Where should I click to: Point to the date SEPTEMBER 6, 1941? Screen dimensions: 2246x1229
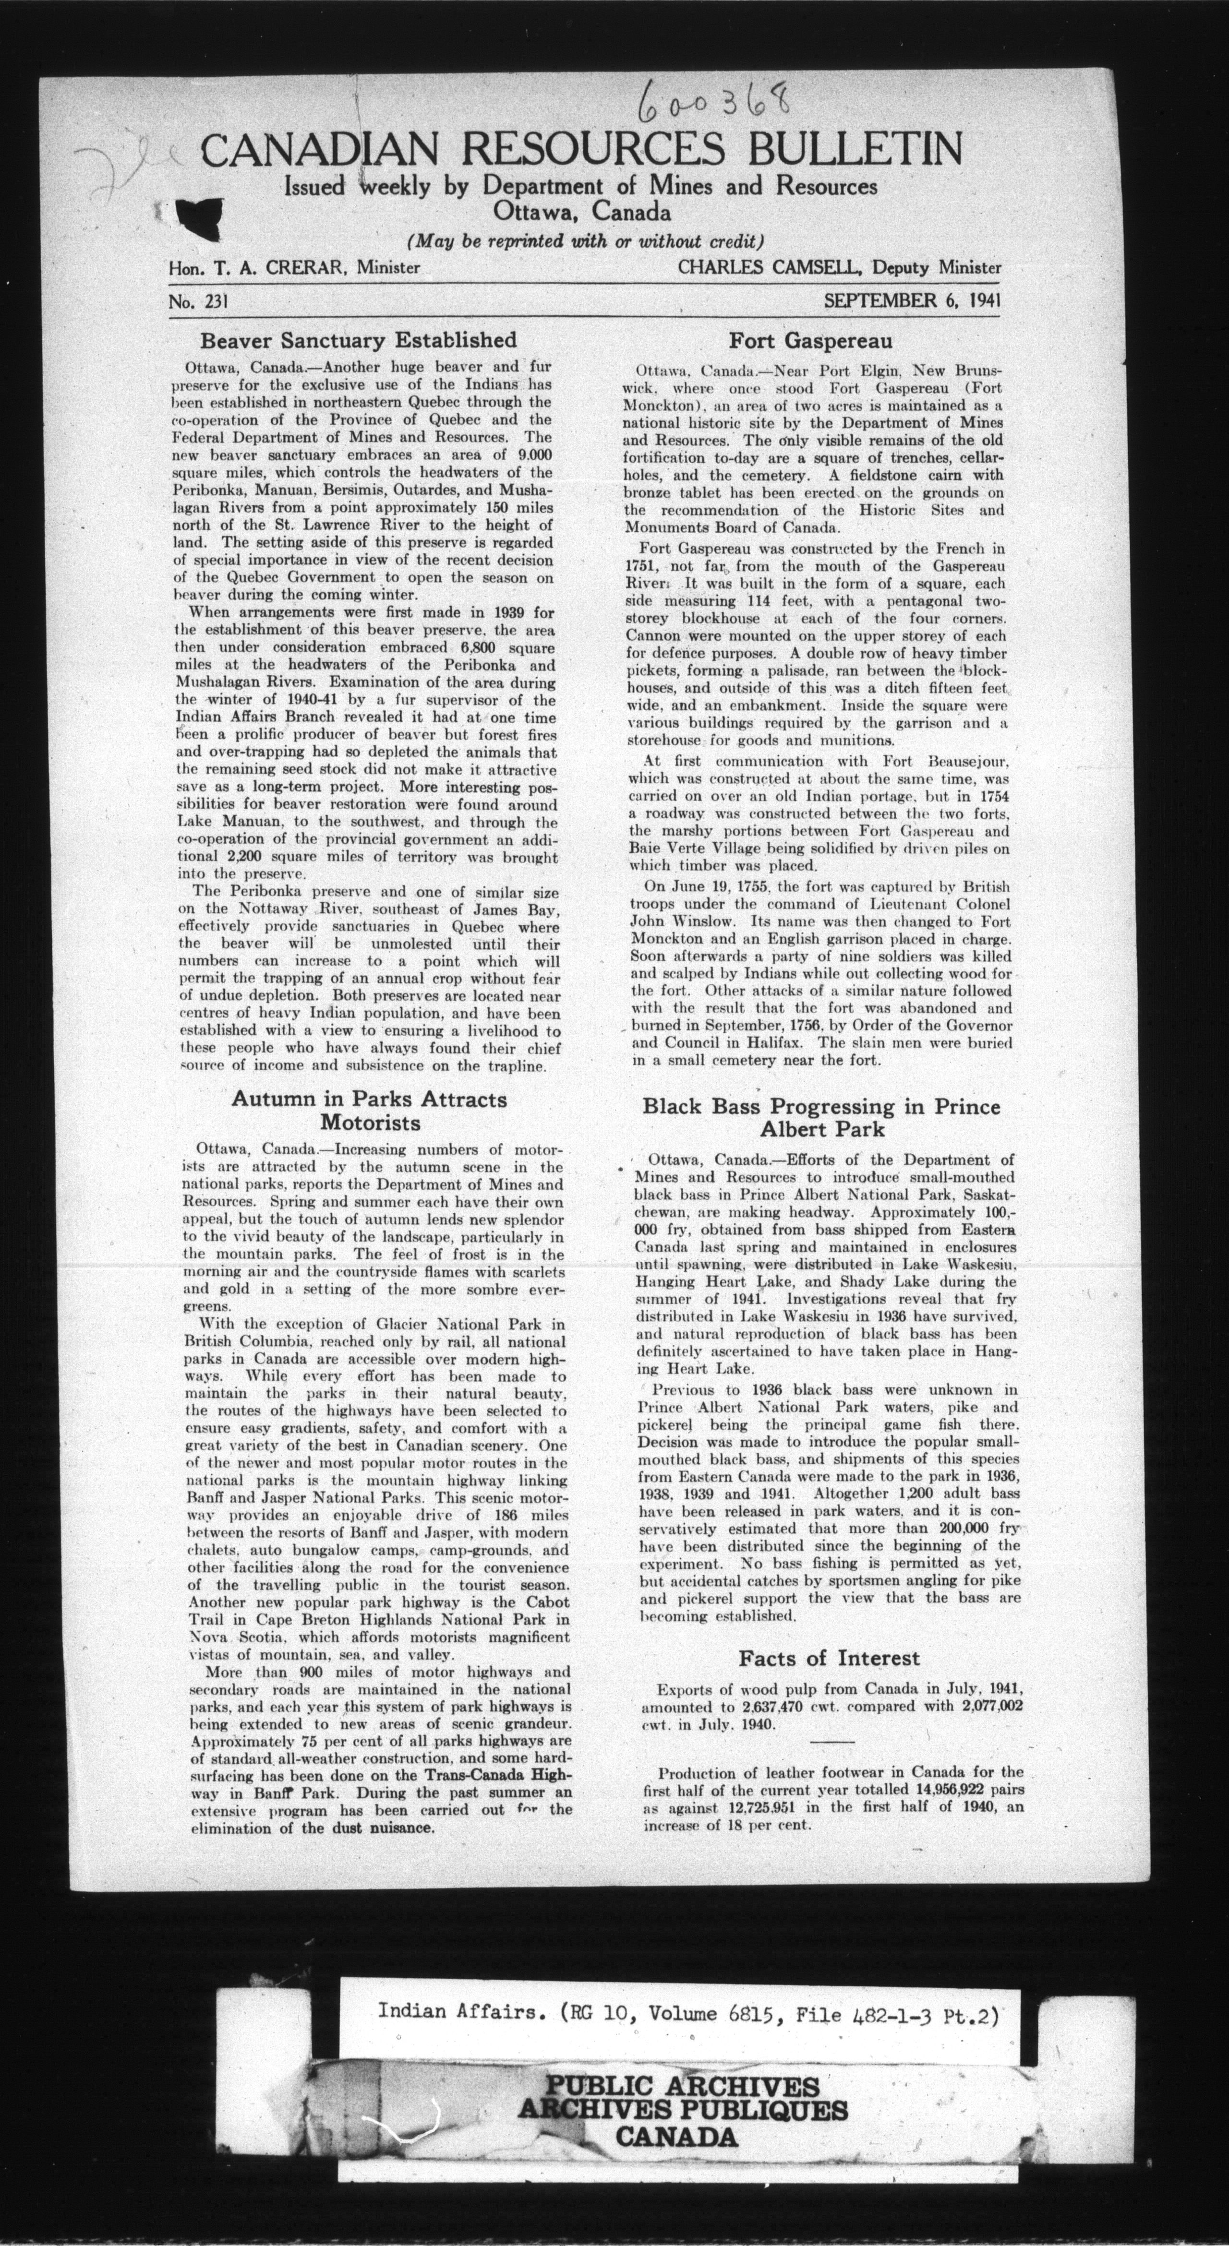(912, 301)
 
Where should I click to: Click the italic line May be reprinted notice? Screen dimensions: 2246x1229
(585, 240)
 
